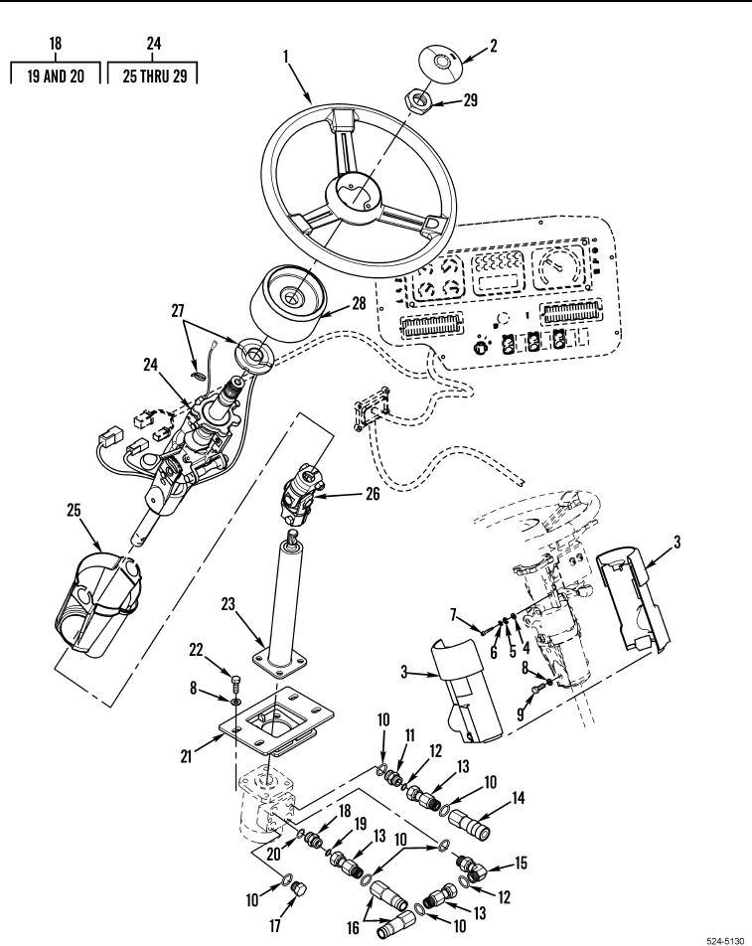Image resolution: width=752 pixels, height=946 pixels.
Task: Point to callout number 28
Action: pyautogui.click(x=359, y=303)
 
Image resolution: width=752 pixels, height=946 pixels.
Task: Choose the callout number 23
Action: pyautogui.click(x=227, y=604)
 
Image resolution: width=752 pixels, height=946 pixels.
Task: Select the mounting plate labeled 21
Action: pyautogui.click(x=275, y=721)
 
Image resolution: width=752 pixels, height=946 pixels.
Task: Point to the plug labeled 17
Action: pyautogui.click(x=299, y=888)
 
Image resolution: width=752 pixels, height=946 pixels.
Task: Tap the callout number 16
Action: pyautogui.click(x=353, y=927)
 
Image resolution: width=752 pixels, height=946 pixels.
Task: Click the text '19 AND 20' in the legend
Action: pyautogui.click(x=56, y=77)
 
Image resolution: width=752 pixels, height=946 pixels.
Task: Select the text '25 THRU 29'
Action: pyautogui.click(x=155, y=77)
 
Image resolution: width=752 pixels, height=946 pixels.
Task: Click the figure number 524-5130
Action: pyautogui.click(x=724, y=940)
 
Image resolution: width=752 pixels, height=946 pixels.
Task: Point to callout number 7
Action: pyautogui.click(x=455, y=616)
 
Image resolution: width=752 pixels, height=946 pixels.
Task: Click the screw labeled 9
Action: pyautogui.click(x=536, y=689)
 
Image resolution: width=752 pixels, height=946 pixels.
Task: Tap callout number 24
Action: pyautogui.click(x=151, y=365)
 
